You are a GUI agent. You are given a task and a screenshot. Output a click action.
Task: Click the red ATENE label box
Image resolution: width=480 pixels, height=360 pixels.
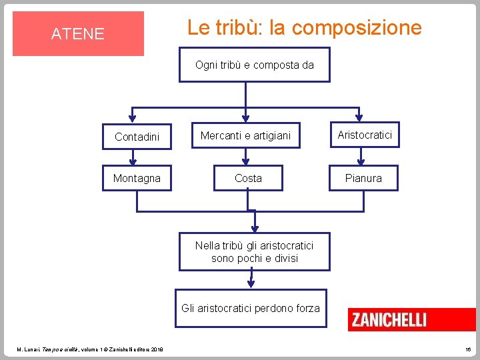tap(78, 33)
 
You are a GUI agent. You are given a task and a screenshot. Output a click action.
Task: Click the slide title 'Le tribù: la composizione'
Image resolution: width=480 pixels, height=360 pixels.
tap(304, 28)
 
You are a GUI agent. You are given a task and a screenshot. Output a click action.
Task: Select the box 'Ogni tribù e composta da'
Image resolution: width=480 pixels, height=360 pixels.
tap(254, 65)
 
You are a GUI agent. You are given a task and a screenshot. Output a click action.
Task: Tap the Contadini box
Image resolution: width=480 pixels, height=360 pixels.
tap(137, 137)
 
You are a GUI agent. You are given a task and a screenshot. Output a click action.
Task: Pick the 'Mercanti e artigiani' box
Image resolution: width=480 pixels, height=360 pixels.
tap(246, 136)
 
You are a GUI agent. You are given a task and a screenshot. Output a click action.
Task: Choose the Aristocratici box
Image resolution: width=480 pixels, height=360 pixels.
tap(364, 135)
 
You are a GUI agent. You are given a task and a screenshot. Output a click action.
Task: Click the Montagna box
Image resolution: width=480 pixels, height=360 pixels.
tap(137, 178)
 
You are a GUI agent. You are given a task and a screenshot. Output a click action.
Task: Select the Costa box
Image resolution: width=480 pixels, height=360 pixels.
tap(248, 178)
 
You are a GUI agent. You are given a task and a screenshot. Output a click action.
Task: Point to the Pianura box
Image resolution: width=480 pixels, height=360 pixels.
tap(363, 178)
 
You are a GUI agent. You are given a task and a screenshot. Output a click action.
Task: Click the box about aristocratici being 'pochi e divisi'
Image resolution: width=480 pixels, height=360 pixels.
tap(254, 251)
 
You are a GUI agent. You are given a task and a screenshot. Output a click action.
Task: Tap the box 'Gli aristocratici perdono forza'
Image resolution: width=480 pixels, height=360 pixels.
tap(251, 308)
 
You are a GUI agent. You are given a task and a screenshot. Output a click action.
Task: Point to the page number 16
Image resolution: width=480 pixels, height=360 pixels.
tap(467, 349)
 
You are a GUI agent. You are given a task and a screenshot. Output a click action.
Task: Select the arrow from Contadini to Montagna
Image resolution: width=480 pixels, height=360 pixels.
tap(134, 157)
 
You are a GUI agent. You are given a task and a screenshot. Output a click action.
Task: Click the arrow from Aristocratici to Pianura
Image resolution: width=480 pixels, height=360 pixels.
tap(361, 157)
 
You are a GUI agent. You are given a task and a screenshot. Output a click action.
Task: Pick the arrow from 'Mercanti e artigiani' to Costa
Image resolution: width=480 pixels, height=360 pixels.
tap(247, 157)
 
